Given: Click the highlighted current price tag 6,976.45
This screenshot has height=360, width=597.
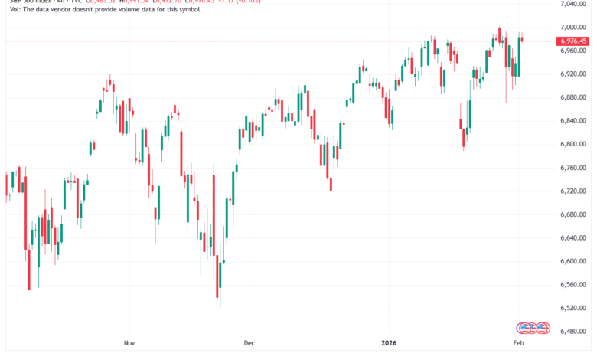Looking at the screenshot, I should tap(578, 41).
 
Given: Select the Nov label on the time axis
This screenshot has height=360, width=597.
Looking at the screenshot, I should tap(129, 345).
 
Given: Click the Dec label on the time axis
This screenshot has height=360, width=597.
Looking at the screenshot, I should tap(248, 345).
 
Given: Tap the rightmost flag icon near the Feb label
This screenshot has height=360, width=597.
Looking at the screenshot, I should tap(542, 328).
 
